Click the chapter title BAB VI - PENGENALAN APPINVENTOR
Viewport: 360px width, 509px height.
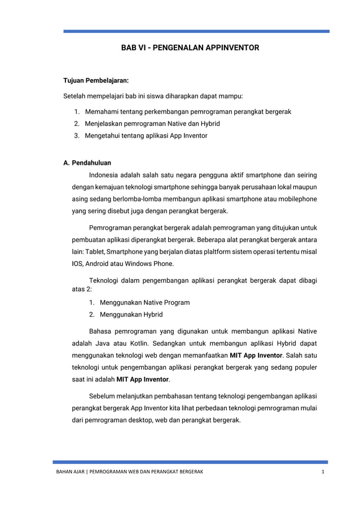190,49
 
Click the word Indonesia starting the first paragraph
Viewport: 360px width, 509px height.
106,174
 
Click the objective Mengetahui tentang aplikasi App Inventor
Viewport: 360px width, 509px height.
146,135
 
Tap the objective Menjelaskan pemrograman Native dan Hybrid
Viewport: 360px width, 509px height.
152,123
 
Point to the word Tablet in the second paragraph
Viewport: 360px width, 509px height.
94,251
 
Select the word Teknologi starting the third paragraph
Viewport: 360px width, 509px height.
106,280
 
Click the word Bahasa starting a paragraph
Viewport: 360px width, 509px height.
101,331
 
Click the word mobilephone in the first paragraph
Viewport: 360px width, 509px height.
297,199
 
